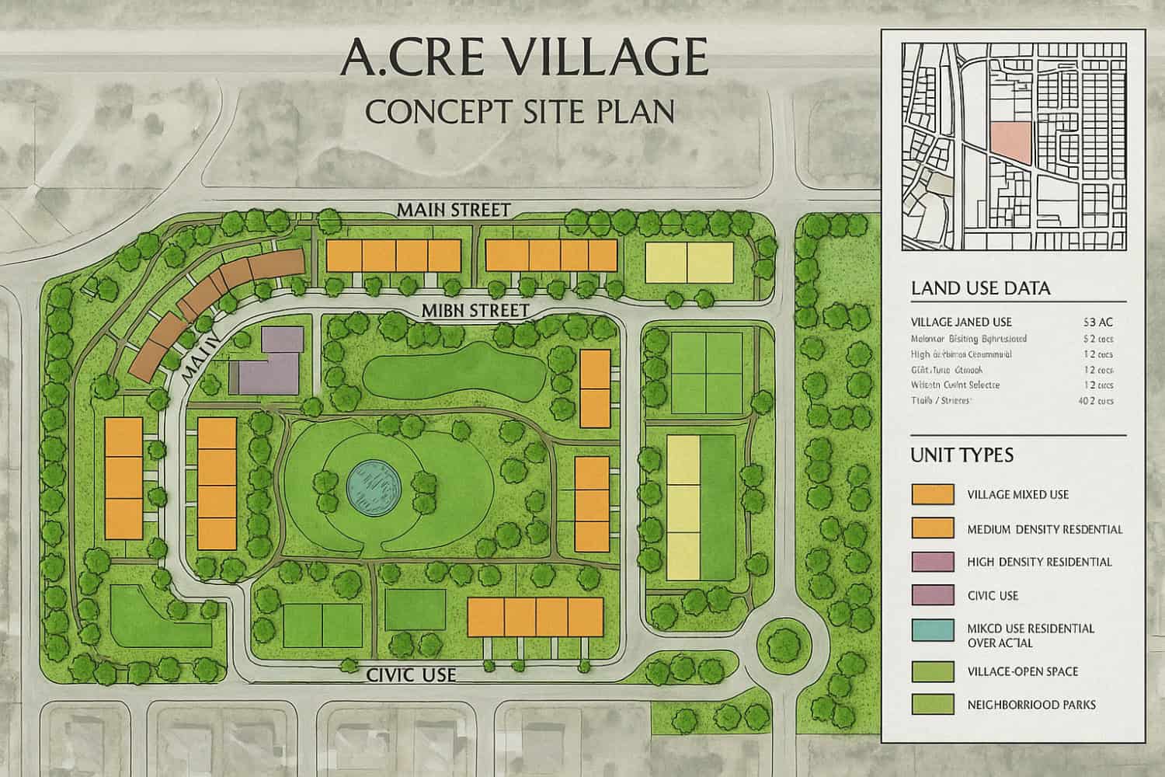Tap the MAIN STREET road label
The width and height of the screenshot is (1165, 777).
pyautogui.click(x=453, y=210)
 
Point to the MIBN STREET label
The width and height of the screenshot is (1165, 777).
pyautogui.click(x=475, y=311)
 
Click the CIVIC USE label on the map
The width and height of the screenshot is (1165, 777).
pyautogui.click(x=411, y=674)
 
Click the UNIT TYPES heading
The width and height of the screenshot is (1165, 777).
pyautogui.click(x=962, y=455)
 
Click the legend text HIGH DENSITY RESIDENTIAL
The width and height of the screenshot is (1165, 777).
pyautogui.click(x=1039, y=562)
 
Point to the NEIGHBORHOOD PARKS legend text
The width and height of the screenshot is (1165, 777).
pyautogui.click(x=1031, y=705)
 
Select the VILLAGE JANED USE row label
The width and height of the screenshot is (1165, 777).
pyautogui.click(x=961, y=322)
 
